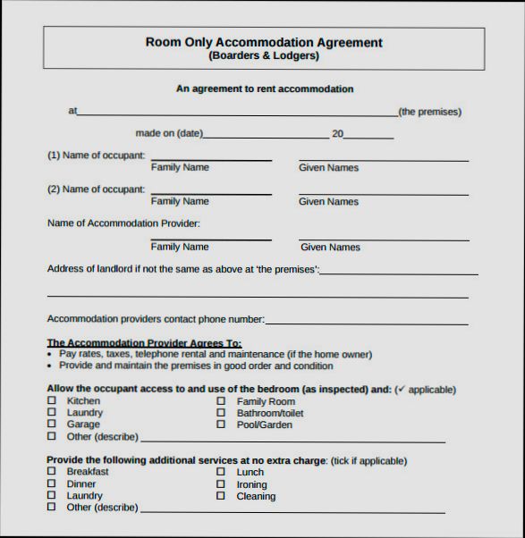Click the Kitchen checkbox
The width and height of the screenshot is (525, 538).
point(51,401)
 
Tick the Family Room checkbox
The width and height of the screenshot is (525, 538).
point(220,402)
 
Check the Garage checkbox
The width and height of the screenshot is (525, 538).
point(51,425)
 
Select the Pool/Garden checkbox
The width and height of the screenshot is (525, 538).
point(220,425)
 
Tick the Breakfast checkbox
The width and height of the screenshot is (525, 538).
point(51,472)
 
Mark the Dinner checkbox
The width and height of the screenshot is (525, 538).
point(51,483)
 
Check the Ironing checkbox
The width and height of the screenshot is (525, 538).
point(220,484)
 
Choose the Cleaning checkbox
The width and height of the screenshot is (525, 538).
point(220,496)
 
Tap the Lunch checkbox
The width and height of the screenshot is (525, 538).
point(220,472)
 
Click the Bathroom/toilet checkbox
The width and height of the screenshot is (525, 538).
point(220,414)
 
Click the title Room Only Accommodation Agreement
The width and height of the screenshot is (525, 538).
point(264,42)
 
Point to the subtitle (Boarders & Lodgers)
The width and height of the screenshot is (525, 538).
point(264,55)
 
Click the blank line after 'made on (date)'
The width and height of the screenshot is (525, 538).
point(267,137)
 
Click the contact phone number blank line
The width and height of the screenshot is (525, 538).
point(367,323)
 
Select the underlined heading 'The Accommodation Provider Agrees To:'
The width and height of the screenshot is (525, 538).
point(144,342)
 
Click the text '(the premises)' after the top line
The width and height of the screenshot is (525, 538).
point(429,112)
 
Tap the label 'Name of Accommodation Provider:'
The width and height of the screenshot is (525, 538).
point(123,223)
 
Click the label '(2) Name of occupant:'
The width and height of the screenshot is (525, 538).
point(96,189)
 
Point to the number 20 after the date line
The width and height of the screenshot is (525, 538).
point(338,134)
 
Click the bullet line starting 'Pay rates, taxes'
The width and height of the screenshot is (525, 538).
point(216,354)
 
